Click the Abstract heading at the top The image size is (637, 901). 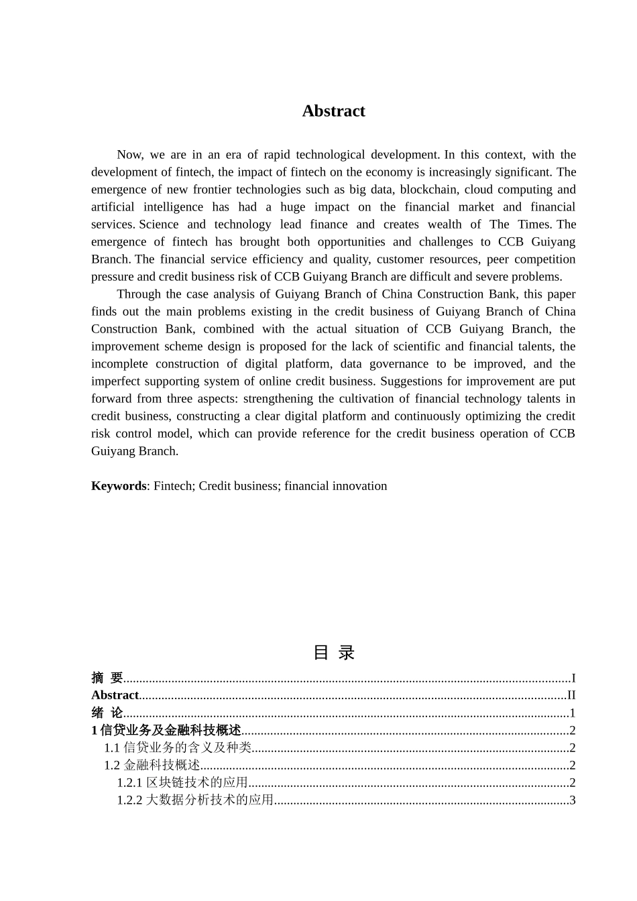[x=333, y=111]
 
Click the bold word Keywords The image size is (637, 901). [x=118, y=486]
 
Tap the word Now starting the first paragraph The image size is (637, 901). [x=129, y=155]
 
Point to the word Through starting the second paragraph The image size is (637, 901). [x=139, y=294]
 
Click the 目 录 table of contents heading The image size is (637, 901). [x=333, y=652]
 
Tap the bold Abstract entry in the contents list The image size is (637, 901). [x=115, y=695]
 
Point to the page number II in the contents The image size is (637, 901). [x=571, y=695]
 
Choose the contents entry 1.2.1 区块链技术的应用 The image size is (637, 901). [x=182, y=782]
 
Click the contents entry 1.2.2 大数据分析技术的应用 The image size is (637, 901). [x=195, y=800]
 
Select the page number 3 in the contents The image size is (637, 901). [x=572, y=800]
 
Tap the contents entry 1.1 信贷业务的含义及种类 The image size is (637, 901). [x=178, y=747]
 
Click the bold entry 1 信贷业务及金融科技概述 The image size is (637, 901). [x=166, y=730]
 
